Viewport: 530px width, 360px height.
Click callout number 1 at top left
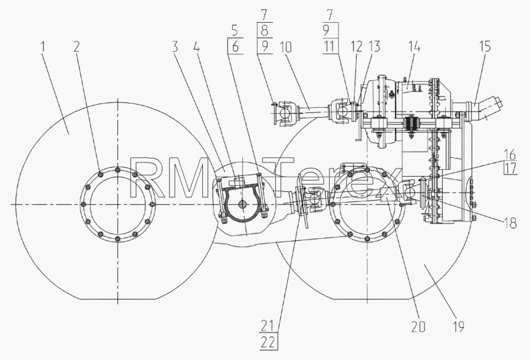(43, 47)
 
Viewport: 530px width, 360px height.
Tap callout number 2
(77, 47)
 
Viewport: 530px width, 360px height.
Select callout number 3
(175, 47)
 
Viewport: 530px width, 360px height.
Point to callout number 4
(197, 47)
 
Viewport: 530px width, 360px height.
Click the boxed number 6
(236, 47)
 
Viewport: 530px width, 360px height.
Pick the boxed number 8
(264, 30)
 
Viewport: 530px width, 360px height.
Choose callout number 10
(285, 47)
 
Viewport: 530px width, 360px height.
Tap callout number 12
(357, 47)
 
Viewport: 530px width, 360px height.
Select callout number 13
(375, 47)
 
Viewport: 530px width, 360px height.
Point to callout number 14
(414, 47)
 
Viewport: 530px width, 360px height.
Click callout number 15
(485, 47)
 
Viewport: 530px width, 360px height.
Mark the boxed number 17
(511, 168)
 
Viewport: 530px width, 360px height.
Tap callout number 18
(511, 223)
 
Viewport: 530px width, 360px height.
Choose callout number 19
(458, 327)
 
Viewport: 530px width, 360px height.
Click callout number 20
(418, 327)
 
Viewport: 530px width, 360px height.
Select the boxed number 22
(269, 343)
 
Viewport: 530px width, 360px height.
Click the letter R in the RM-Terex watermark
(141, 178)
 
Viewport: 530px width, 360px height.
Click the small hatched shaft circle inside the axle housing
(242, 204)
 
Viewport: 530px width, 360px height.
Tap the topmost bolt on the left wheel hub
(117, 170)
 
